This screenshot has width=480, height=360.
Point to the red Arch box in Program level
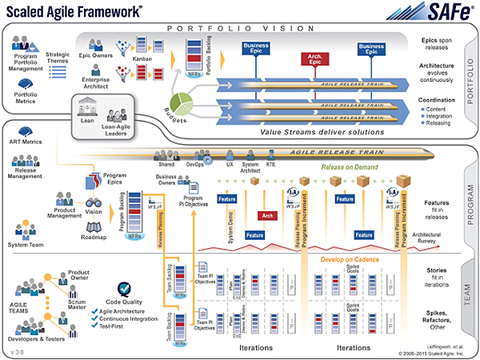pos(267,215)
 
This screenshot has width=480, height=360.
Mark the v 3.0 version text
pos(20,351)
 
